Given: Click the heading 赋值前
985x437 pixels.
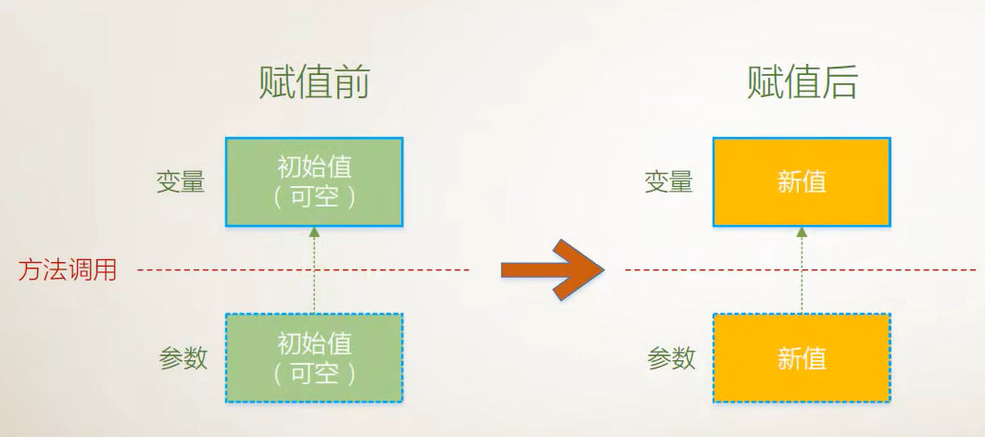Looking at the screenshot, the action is pyautogui.click(x=314, y=83).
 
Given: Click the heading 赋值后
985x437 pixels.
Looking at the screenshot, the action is pyautogui.click(x=802, y=83).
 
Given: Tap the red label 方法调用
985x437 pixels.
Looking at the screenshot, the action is pyautogui.click(x=68, y=270).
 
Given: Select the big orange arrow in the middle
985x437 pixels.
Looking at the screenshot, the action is pyautogui.click(x=551, y=269).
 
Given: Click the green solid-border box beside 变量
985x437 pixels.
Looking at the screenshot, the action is pyautogui.click(x=314, y=181).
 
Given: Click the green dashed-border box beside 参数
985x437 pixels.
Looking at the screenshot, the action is pyautogui.click(x=314, y=358).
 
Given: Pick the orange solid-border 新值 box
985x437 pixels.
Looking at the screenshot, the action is pyautogui.click(x=802, y=181).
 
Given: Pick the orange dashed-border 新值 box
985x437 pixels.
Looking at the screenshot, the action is pyautogui.click(x=802, y=358).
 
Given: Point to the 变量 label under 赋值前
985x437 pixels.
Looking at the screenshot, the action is pyautogui.click(x=180, y=181).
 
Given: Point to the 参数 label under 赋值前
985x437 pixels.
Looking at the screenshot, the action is pyautogui.click(x=183, y=358).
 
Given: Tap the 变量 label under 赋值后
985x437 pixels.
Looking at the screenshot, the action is pyautogui.click(x=668, y=181).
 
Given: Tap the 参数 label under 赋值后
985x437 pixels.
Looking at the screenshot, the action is pyautogui.click(x=671, y=358).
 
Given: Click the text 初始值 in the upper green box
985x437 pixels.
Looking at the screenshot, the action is pyautogui.click(x=314, y=168).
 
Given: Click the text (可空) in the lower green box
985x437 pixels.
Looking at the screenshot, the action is pyautogui.click(x=314, y=374).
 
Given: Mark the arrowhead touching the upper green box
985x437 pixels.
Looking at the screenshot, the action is pyautogui.click(x=314, y=231).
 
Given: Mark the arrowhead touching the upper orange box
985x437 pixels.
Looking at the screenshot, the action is pyautogui.click(x=802, y=231).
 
